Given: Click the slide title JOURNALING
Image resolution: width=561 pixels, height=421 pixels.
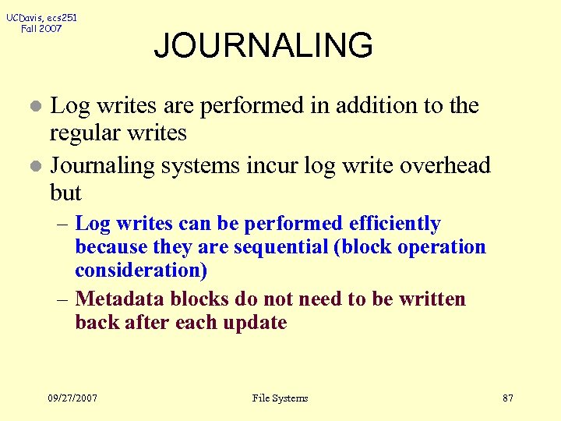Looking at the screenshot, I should (263, 46).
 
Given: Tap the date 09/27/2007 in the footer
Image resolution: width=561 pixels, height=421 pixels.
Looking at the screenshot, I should (72, 398).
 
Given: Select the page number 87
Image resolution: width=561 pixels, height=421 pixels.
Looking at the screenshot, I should (508, 398).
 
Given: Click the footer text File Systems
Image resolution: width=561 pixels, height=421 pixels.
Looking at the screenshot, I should (280, 398).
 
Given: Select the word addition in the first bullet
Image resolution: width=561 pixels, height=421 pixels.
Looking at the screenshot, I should (377, 105).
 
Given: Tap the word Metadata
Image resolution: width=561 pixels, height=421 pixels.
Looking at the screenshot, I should (121, 299).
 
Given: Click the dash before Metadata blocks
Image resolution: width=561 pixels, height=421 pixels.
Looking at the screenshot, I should (63, 299).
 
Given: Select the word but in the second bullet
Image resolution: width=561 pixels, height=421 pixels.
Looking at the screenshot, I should (65, 193).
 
